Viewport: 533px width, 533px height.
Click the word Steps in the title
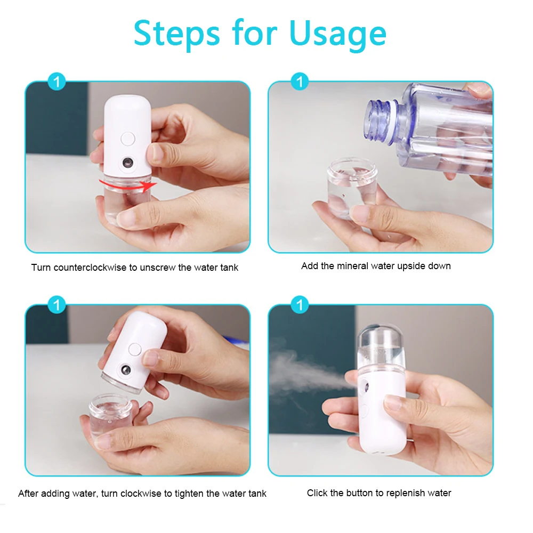click(176, 33)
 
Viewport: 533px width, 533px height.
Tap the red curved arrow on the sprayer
click(128, 184)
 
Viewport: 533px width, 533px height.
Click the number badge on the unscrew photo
click(56, 82)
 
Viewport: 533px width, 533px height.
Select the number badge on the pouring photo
click(300, 82)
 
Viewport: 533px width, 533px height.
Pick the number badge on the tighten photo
click(56, 305)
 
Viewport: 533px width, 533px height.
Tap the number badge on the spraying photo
click(300, 305)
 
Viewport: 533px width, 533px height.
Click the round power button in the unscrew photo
click(128, 139)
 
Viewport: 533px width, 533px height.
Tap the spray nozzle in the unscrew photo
click(128, 162)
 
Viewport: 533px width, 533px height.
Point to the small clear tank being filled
click(350, 187)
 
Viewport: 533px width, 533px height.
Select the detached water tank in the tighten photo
click(110, 416)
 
